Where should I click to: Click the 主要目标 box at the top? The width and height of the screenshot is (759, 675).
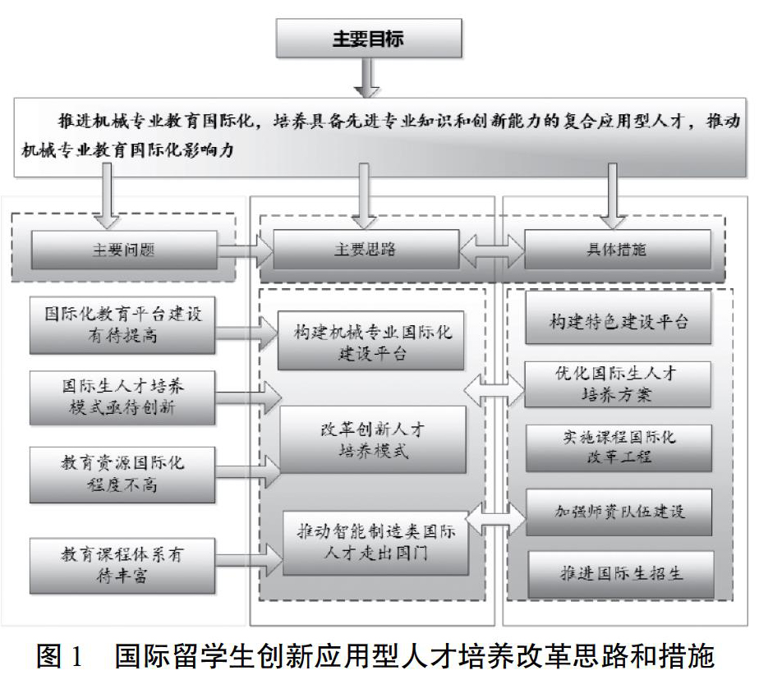click(369, 39)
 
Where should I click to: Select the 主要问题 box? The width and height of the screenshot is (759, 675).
click(124, 250)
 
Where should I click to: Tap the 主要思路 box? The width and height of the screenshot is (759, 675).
click(366, 249)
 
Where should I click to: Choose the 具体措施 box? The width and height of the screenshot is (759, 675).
click(618, 249)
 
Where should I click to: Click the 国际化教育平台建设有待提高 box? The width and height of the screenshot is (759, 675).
click(122, 325)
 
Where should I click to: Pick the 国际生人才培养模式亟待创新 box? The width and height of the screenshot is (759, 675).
click(122, 397)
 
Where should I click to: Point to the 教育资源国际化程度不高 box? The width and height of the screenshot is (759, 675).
click(122, 475)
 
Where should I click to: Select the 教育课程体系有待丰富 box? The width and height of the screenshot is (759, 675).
click(122, 566)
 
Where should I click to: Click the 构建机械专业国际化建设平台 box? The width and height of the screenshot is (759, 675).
click(370, 341)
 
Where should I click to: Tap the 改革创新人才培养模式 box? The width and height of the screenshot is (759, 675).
click(373, 439)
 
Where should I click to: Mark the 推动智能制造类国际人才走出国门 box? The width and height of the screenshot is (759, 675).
click(375, 543)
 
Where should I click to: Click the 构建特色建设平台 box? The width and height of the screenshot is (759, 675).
click(619, 318)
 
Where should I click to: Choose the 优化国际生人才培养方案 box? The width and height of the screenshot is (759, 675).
click(618, 384)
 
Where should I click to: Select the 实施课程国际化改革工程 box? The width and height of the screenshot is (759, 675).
click(619, 448)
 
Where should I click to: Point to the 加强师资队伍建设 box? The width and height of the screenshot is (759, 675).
click(619, 512)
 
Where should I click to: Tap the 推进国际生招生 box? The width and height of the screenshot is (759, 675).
click(620, 574)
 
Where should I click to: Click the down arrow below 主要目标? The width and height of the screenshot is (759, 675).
click(367, 77)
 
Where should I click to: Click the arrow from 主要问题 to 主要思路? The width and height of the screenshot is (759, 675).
click(245, 250)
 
